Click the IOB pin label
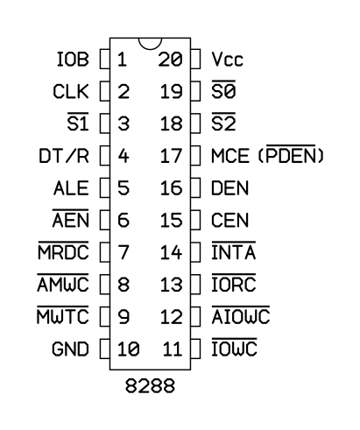pyautogui.click(x=73, y=60)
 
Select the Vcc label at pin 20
pyautogui.click(x=227, y=60)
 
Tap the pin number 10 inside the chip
pyautogui.click(x=129, y=349)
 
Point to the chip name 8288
pyautogui.click(x=150, y=385)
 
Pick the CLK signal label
pyautogui.click(x=71, y=92)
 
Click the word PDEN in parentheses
pyautogui.click(x=291, y=156)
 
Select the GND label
pyautogui.click(x=70, y=349)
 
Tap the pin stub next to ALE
pyautogui.click(x=105, y=188)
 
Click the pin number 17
pyautogui.click(x=172, y=156)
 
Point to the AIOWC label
pyautogui.click(x=241, y=317)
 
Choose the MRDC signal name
pyautogui.click(x=63, y=252)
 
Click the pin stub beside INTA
pyautogui.click(x=195, y=252)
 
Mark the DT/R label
pyautogui.click(x=64, y=156)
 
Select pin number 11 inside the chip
pyautogui.click(x=173, y=349)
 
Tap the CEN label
pyautogui.click(x=230, y=220)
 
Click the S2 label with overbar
pyautogui.click(x=223, y=123)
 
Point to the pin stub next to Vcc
pyautogui.click(x=195, y=60)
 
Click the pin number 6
pyautogui.click(x=124, y=220)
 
